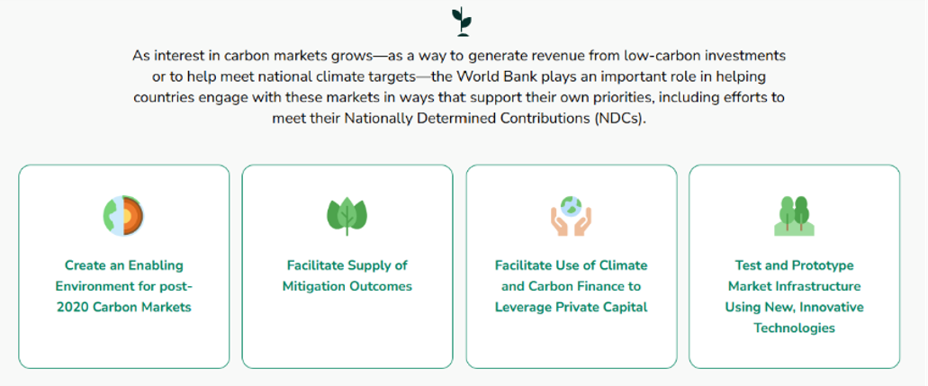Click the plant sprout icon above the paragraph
click(x=462, y=22)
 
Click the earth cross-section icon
click(x=123, y=216)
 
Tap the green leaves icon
click(x=347, y=216)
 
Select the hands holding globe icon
click(x=572, y=216)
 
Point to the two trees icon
click(x=794, y=216)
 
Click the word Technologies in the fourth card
click(x=794, y=328)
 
